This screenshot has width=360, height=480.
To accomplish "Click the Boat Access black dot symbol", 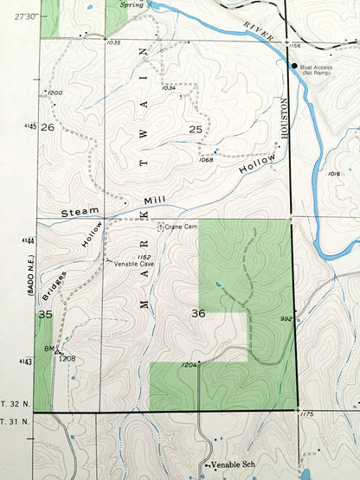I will [294, 66].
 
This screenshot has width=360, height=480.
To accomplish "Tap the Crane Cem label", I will [184, 227].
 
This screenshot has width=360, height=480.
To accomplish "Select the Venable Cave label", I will [133, 266].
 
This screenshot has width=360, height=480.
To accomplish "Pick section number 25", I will [195, 129].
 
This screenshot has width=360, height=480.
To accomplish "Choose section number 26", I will [48, 127].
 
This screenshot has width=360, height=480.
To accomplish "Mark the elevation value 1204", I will [190, 366].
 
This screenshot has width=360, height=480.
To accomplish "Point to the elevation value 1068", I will [206, 160].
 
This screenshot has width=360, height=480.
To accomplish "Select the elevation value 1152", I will [145, 258].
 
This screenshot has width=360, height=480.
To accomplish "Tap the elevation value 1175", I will [305, 415].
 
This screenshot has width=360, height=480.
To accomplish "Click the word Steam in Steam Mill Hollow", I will [76, 212].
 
